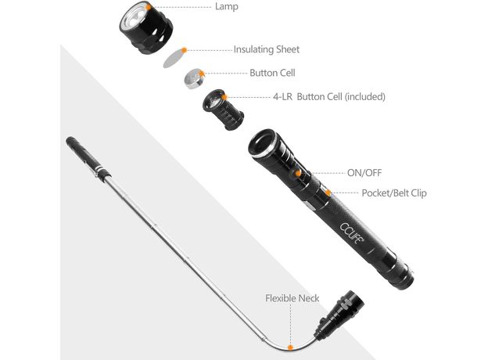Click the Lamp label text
tap(227, 6)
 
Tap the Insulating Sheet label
tap(267, 49)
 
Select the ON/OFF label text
tap(364, 173)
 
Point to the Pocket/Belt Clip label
tap(394, 193)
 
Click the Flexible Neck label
tap(292, 298)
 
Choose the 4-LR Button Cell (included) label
tap(329, 97)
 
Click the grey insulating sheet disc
tap(174, 58)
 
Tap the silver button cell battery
tap(194, 79)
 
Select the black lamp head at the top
tap(145, 27)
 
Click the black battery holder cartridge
tap(223, 110)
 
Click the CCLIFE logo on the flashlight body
tap(352, 233)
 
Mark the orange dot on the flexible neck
tap(290, 347)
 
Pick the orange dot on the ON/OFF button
tap(298, 174)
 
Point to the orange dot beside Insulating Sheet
tap(185, 50)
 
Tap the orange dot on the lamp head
tap(149, 6)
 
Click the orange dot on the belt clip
tap(328, 193)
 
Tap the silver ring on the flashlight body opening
tap(264, 145)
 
